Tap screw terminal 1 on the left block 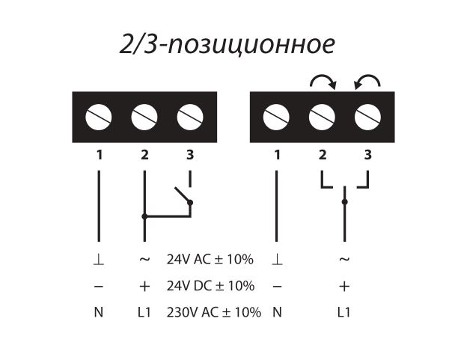coord(99,118)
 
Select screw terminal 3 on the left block coord(190,118)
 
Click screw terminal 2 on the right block coord(322,118)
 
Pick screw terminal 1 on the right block coord(276,118)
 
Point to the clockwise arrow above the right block coord(323,82)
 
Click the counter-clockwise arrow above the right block coord(367,82)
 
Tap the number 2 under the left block coord(144,155)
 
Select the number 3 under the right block coord(367,155)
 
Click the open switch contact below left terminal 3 coord(183,195)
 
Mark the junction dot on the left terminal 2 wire coord(144,216)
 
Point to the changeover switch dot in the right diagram coord(345,202)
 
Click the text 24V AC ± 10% coord(210,260)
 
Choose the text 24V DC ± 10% coord(210,286)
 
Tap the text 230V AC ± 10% coord(213,312)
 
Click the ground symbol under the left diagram coord(99,260)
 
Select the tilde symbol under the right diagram coord(344,259)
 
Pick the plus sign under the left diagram coord(144,286)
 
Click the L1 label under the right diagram coord(344,312)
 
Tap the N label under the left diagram coord(99,312)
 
